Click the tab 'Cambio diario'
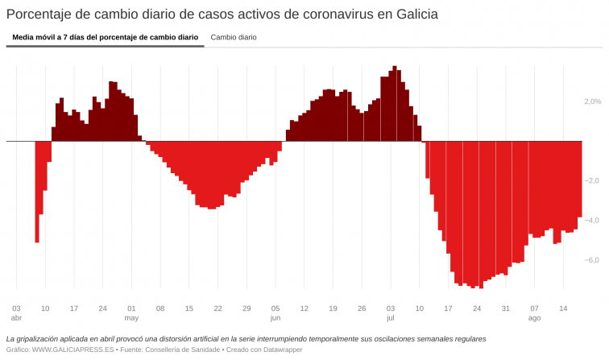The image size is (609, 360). pos(234,37)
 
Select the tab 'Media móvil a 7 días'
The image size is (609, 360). pos(105,37)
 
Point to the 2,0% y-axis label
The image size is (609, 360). pos(592,101)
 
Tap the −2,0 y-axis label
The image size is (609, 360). pos(592,180)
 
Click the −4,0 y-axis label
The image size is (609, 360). pos(592,220)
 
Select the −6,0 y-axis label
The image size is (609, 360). pos(592,259)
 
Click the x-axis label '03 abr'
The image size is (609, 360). pos(16,312)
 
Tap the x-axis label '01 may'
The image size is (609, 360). pos(131,312)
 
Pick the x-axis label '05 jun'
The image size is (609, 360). pos(275,312)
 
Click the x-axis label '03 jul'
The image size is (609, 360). pos(391,312)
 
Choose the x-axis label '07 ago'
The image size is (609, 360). pos(534,312)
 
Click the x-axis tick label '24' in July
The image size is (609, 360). pos(477,308)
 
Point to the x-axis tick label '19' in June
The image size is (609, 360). pos(333,308)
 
